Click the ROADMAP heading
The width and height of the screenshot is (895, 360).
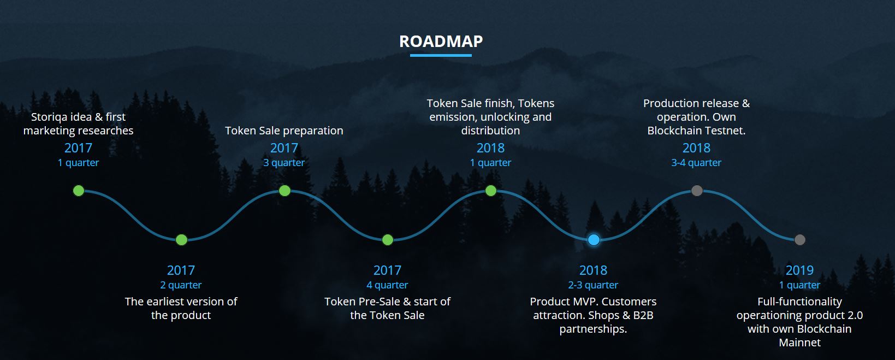[441, 41]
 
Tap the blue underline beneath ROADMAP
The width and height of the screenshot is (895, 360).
[441, 55]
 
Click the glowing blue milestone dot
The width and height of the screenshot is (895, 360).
[594, 240]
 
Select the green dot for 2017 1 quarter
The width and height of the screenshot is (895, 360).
[79, 191]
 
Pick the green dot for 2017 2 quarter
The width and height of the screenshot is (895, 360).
[181, 240]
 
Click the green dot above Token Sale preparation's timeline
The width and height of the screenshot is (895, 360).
[284, 191]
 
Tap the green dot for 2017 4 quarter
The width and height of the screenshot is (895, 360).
[388, 240]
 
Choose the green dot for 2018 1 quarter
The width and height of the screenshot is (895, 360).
[491, 191]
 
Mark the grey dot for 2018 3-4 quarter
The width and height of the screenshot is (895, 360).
[697, 191]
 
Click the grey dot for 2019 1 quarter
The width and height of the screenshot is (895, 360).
[799, 240]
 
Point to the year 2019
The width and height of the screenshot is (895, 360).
[799, 270]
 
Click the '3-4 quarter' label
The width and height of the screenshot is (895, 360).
[696, 163]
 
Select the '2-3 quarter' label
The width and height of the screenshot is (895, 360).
[593, 285]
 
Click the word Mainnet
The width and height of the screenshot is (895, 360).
[799, 343]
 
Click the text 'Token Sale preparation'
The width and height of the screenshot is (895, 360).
[284, 131]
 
